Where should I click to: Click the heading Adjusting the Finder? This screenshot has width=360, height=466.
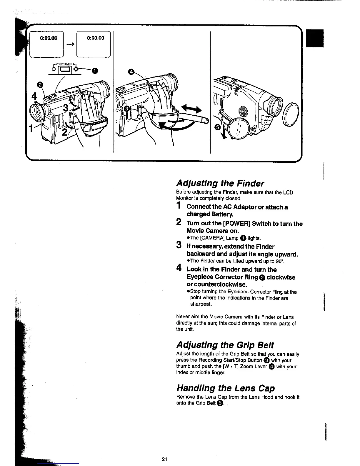pyautogui.click(x=220, y=183)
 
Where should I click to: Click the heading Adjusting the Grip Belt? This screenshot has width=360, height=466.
pyautogui.click(x=225, y=345)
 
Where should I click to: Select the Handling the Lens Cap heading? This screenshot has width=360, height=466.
pyautogui.click(x=225, y=388)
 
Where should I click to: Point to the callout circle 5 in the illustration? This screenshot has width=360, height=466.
pyautogui.click(x=217, y=127)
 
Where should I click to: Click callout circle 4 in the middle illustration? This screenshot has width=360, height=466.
pyautogui.click(x=131, y=72)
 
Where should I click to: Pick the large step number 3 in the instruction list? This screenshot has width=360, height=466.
pyautogui.click(x=178, y=245)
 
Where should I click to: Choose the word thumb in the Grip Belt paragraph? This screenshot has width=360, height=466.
pyautogui.click(x=183, y=367)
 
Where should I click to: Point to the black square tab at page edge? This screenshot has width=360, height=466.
pyautogui.click(x=315, y=38)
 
